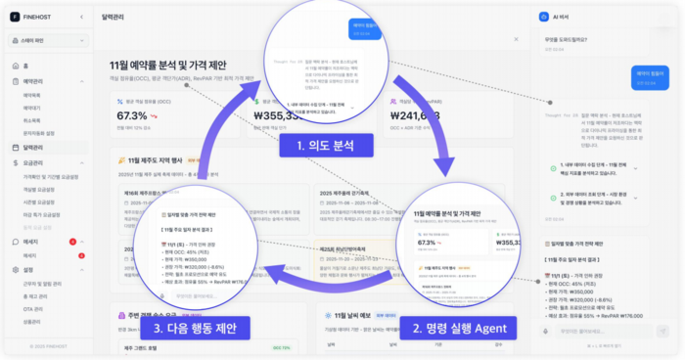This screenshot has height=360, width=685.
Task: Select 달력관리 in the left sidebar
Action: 37,148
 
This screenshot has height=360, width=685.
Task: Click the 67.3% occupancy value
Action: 132,115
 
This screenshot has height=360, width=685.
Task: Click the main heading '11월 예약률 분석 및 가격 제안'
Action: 182,65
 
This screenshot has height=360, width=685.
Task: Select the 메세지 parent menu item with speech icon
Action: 31,241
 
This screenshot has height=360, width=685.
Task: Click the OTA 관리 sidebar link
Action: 32,308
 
